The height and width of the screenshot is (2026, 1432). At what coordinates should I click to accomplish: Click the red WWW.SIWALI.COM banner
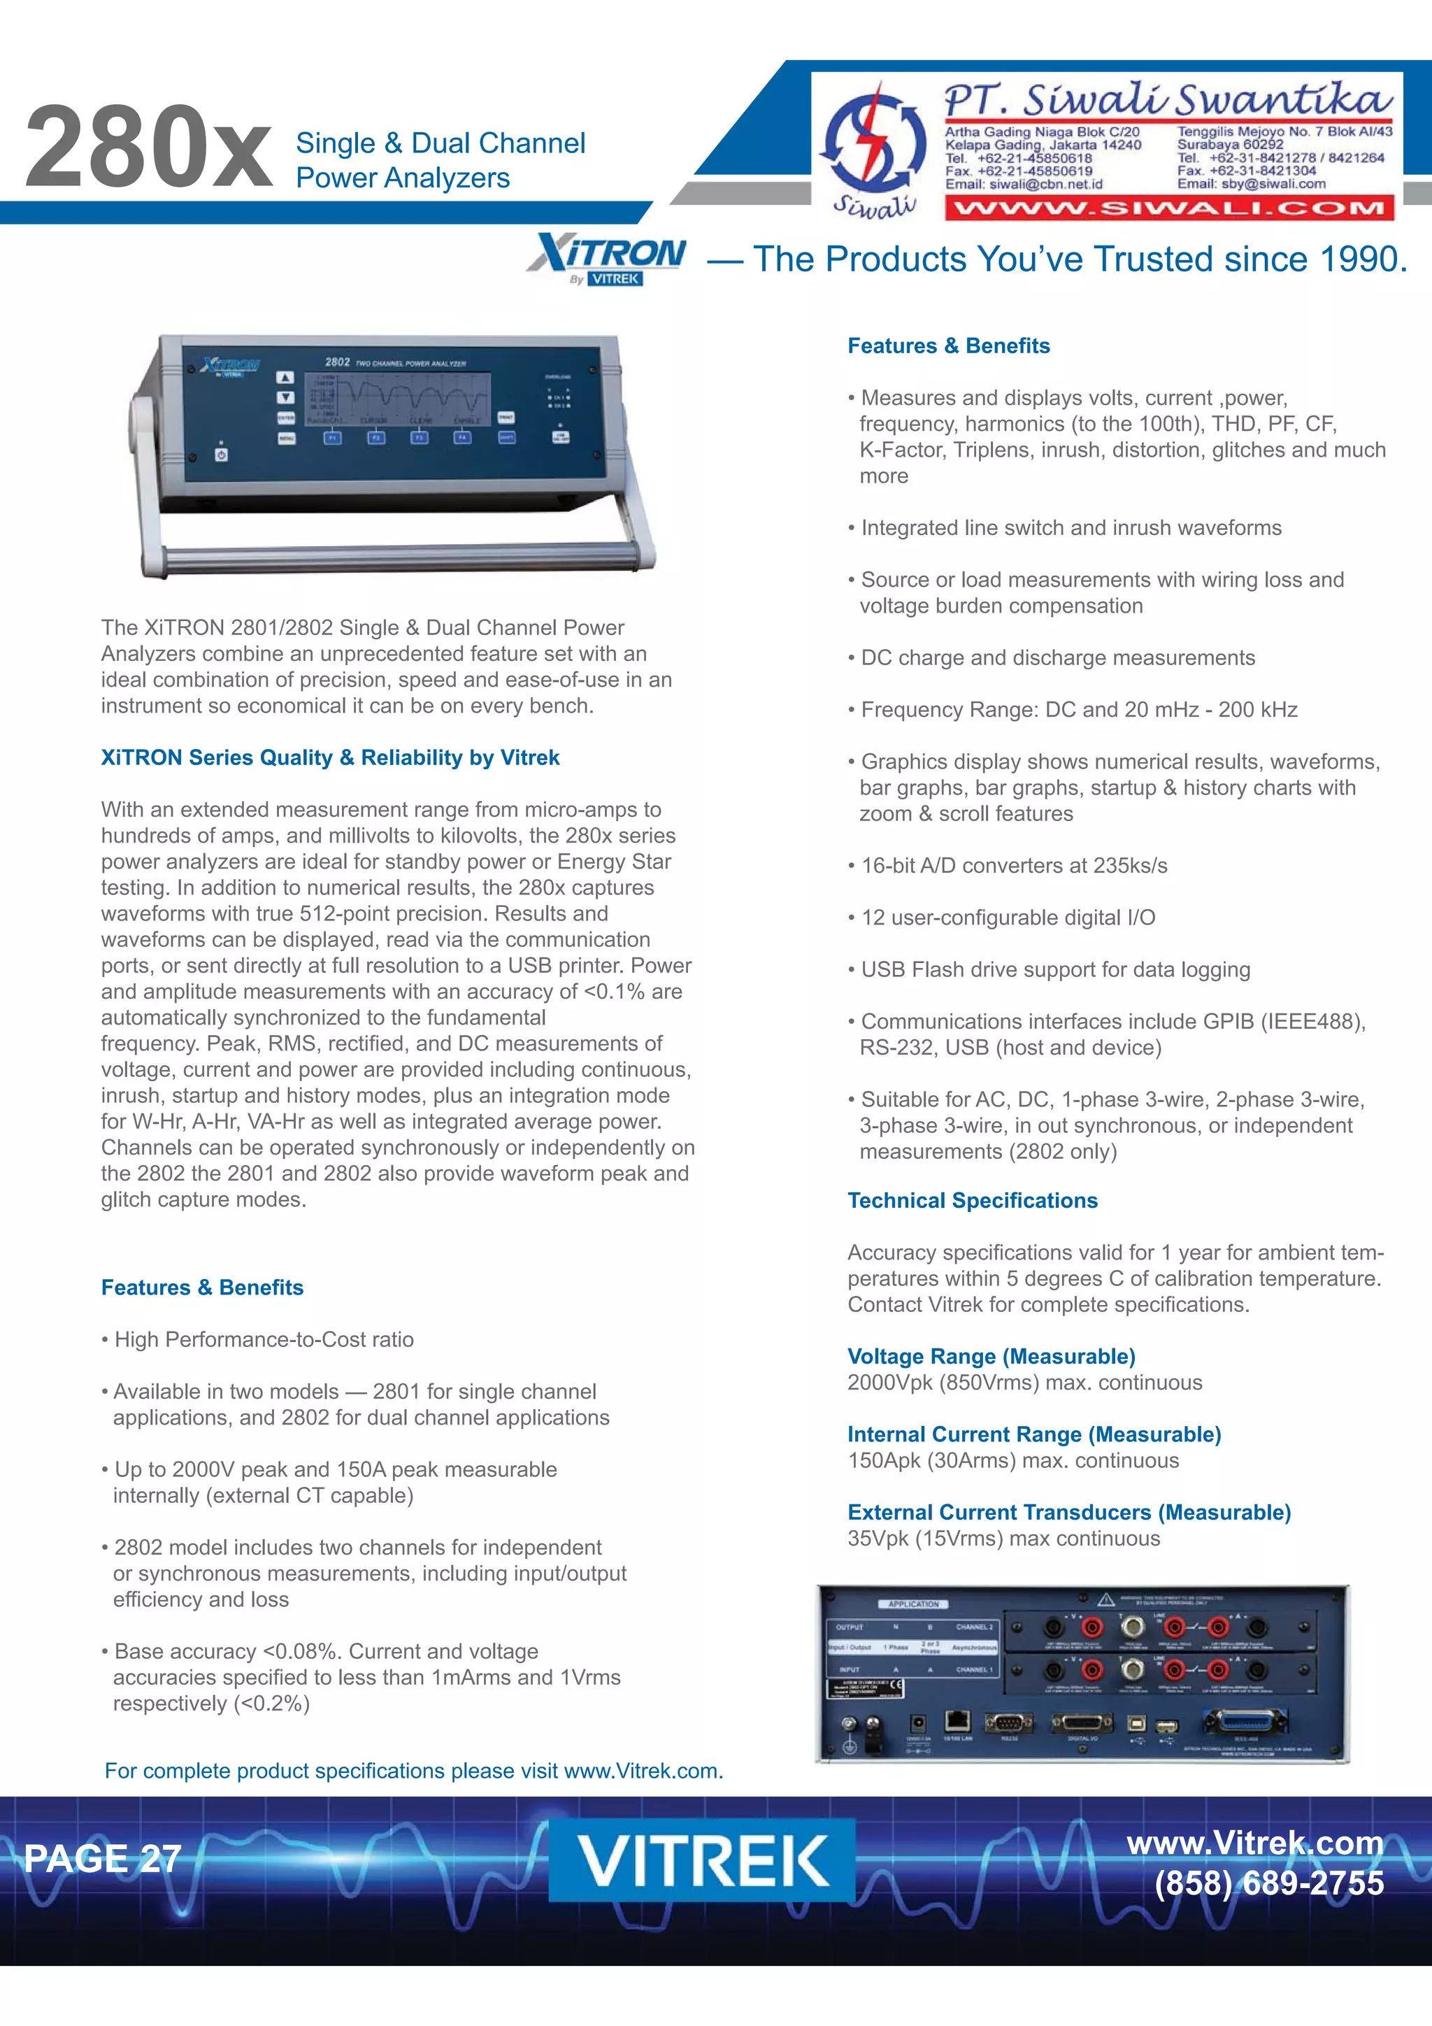(1169, 209)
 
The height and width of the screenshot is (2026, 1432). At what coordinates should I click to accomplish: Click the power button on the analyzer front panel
(222, 455)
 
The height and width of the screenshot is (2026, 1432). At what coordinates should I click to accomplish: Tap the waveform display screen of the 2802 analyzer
(397, 398)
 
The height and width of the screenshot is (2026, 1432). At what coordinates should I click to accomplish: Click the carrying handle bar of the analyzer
(397, 557)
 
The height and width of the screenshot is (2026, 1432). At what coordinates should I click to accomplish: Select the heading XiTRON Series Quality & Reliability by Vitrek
(330, 757)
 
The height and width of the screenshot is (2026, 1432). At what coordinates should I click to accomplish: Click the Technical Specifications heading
(973, 1200)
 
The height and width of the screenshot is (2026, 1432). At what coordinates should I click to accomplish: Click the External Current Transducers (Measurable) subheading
(1068, 1513)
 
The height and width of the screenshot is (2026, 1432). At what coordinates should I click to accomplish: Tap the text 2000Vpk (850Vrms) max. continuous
(1024, 1383)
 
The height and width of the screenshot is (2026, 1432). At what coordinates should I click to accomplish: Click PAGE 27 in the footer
(102, 1858)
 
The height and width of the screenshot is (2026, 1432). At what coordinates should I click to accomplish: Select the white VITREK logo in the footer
(702, 1860)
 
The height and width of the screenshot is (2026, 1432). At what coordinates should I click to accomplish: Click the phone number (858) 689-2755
(1269, 1883)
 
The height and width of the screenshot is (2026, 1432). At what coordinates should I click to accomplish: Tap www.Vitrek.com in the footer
(1254, 1843)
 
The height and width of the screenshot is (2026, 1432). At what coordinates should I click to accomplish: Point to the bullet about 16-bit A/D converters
(1014, 866)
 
